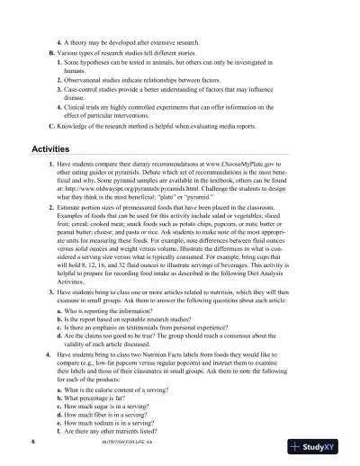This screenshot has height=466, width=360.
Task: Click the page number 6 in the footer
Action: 32,444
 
